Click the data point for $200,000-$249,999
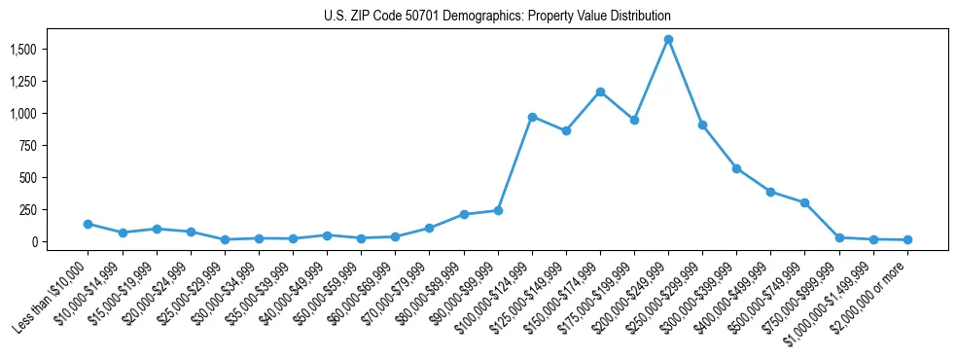click(668, 40)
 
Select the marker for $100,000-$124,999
click(532, 117)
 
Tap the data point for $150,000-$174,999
click(600, 91)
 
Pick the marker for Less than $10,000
click(89, 224)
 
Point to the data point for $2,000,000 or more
click(907, 239)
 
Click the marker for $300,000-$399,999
click(736, 168)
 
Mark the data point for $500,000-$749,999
click(804, 202)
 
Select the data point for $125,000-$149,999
click(566, 130)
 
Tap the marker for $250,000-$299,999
click(702, 125)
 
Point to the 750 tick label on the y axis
click(31, 146)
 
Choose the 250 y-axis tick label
click(31, 210)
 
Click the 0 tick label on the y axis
click(36, 242)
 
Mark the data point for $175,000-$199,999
click(634, 120)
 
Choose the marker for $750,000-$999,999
click(839, 237)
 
